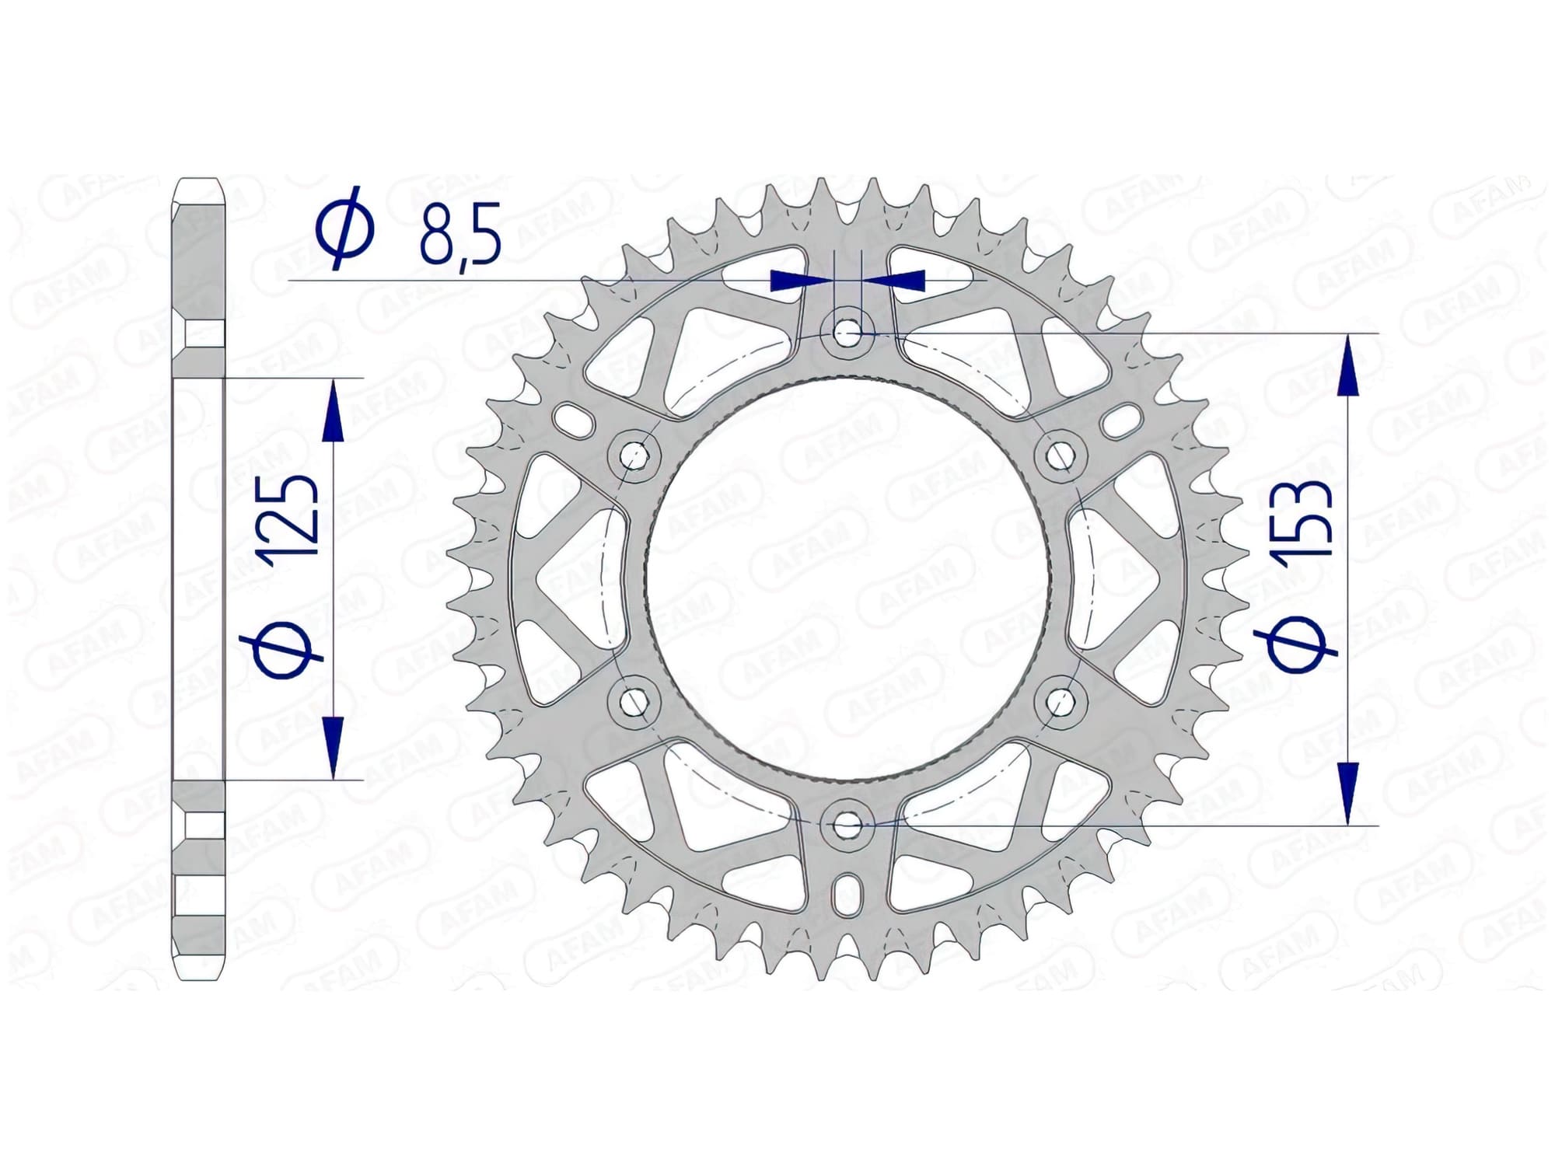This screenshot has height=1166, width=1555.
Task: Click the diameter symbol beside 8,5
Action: tap(344, 228)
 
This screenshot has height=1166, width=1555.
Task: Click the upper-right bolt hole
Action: tap(1059, 454)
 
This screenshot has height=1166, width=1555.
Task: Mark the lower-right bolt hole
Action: tap(1059, 703)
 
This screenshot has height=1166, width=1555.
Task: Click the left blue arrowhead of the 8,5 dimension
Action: tap(787, 281)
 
